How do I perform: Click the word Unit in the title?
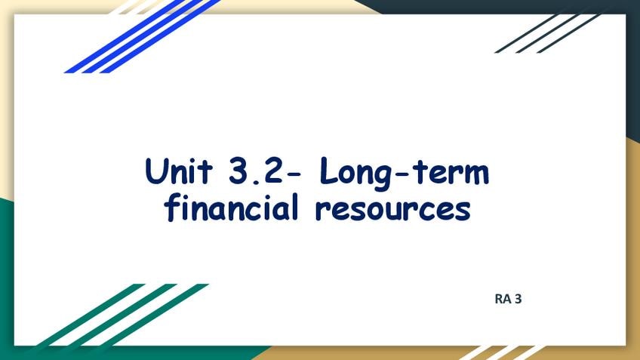179,171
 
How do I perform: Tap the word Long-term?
404,173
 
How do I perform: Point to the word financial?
232,208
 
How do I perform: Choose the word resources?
393,210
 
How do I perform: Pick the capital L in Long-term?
330,171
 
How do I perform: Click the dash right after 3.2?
294,174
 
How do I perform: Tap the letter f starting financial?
172,208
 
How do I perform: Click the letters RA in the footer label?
503,299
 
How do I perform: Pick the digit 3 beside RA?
518,299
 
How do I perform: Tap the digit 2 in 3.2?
271,171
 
